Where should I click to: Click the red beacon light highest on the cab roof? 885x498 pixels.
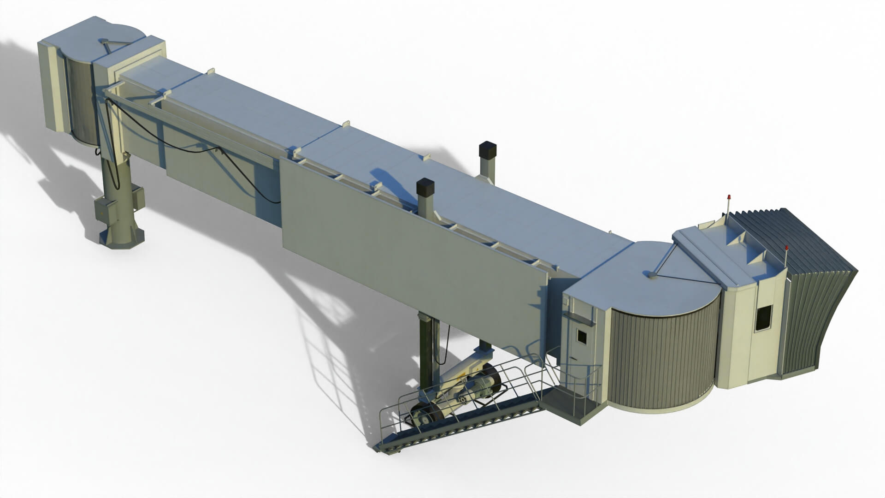click(729, 198)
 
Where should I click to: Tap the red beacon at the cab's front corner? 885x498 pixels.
click(786, 249)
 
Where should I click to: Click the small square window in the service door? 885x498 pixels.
click(582, 336)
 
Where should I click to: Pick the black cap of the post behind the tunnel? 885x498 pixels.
click(487, 150)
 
